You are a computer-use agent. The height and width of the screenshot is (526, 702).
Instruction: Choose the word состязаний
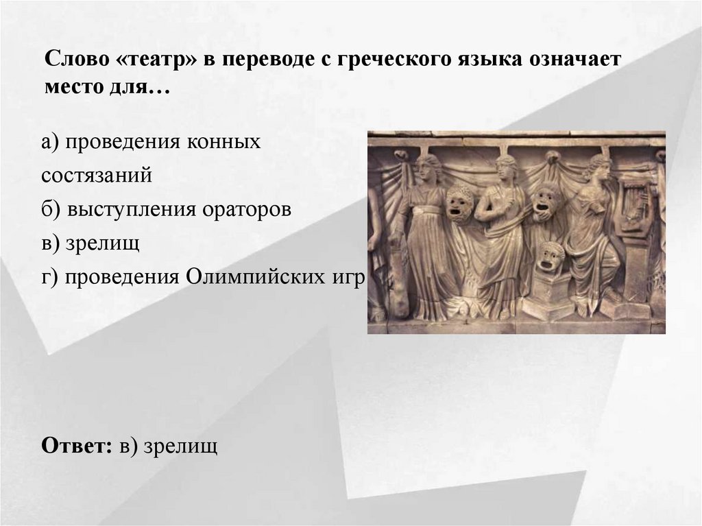pyautogui.click(x=96, y=176)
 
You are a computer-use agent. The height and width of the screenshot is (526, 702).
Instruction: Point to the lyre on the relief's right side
pyautogui.click(x=634, y=202)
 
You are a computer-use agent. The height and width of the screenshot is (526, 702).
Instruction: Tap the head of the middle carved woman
pyautogui.click(x=507, y=168)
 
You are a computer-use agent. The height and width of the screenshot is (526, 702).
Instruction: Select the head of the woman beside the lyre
pyautogui.click(x=598, y=167)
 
